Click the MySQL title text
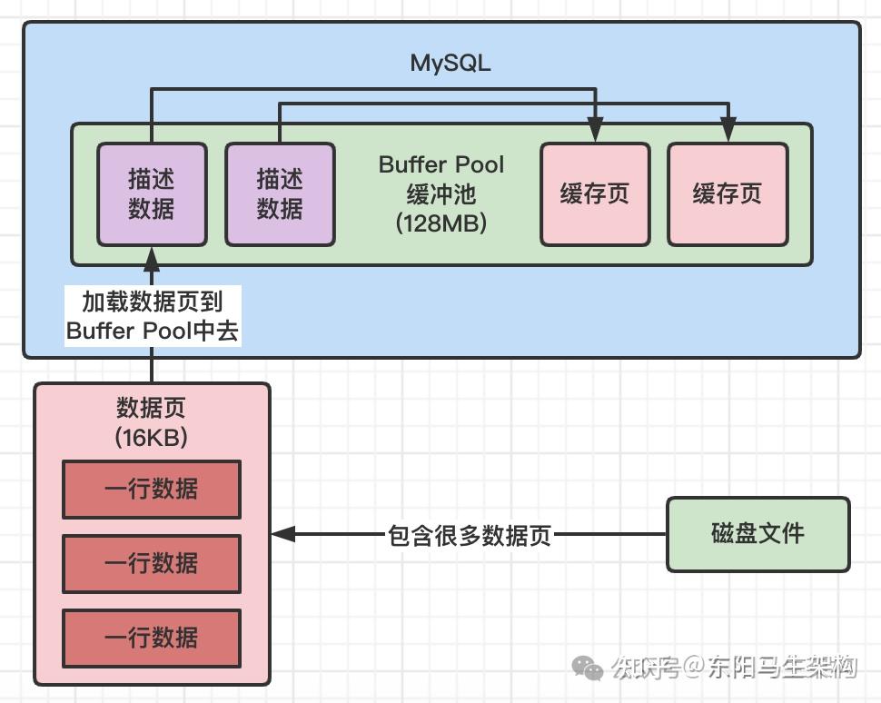coord(450,63)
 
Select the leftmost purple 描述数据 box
coord(152,193)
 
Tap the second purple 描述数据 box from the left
coord(280,193)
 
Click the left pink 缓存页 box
coord(595,193)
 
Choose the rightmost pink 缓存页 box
coord(727,193)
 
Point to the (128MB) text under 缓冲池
coord(441,223)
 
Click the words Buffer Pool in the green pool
coord(441,165)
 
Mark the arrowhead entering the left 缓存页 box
coord(596,132)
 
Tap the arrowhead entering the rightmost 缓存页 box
coord(728,132)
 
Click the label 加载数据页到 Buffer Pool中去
coord(152,316)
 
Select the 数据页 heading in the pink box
coord(152,408)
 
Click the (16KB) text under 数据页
coord(152,437)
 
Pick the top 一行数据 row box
coord(152,490)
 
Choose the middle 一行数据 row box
coord(152,564)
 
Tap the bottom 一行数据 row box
coord(152,638)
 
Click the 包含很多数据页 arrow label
coord(470,535)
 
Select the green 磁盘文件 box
coord(758,534)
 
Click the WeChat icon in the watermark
coord(588,668)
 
